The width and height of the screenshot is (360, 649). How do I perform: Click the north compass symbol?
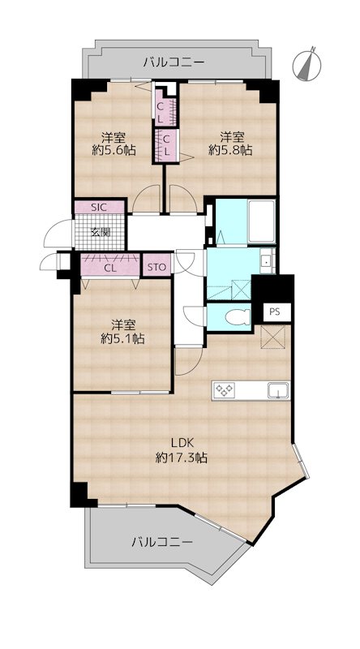pos(306,64)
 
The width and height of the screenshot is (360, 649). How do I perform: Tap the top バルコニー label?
pos(174,63)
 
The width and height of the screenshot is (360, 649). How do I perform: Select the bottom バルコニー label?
pos(163,542)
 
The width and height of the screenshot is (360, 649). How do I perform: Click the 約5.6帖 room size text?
pos(114,150)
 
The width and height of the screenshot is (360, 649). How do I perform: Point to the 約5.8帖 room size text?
pos(230,150)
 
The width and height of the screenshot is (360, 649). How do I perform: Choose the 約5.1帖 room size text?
pos(123,339)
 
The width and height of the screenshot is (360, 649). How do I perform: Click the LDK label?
pos(181,443)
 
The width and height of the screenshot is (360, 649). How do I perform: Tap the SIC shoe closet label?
pos(99,208)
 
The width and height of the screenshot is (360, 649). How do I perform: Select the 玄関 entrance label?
pos(101,232)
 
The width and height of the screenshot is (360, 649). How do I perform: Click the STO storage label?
pos(157,268)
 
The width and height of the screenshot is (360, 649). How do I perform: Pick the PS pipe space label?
pos(274,312)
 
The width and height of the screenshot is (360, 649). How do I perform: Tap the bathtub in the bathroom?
pos(262,221)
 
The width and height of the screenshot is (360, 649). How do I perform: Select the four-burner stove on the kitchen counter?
pos(224,390)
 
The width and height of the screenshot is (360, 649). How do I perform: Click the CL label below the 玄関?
pos(109,268)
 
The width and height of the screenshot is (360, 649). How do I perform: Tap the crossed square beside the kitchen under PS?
pos(271,337)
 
